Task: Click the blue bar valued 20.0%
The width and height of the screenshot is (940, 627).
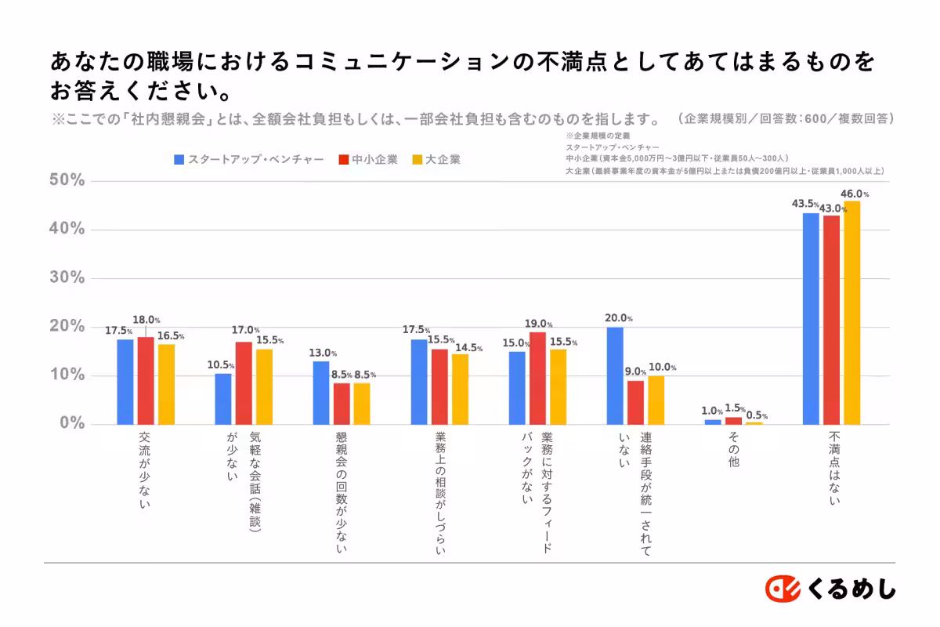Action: [x=615, y=375]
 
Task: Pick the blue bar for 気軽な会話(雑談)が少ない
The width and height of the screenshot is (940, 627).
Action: [x=223, y=399]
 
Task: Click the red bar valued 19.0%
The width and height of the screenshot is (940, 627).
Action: [x=537, y=378]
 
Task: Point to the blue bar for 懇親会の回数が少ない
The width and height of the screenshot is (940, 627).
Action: [x=321, y=393]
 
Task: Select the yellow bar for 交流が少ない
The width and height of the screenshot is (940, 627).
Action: [x=166, y=384]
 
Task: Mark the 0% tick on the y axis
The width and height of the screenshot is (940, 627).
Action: [x=70, y=424]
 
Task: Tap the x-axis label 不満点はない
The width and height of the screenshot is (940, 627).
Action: [x=833, y=466]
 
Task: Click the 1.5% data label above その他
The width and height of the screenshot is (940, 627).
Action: [x=734, y=408]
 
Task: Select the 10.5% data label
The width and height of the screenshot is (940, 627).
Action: [x=220, y=365]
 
